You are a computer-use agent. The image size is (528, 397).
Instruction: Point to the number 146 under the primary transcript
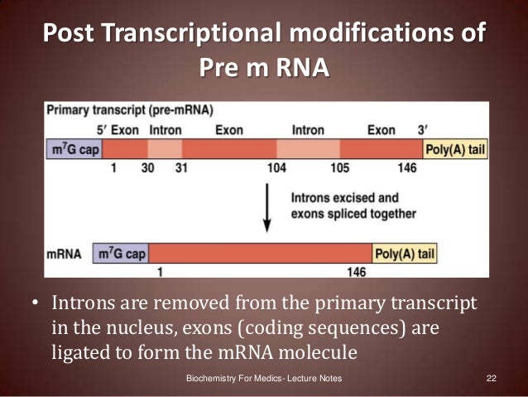coord(407,167)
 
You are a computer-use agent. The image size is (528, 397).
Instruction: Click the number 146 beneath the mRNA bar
coord(357,270)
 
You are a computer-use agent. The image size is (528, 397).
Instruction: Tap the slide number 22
coord(491,379)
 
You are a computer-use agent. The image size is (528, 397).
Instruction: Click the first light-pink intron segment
coord(165,148)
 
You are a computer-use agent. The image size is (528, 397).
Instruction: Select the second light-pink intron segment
coord(308,148)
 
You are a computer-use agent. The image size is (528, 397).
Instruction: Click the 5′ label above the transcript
coord(98,130)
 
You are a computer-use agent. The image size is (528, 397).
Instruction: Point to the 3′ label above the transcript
coord(424,130)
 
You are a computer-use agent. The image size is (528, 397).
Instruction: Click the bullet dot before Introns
coord(35,304)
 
